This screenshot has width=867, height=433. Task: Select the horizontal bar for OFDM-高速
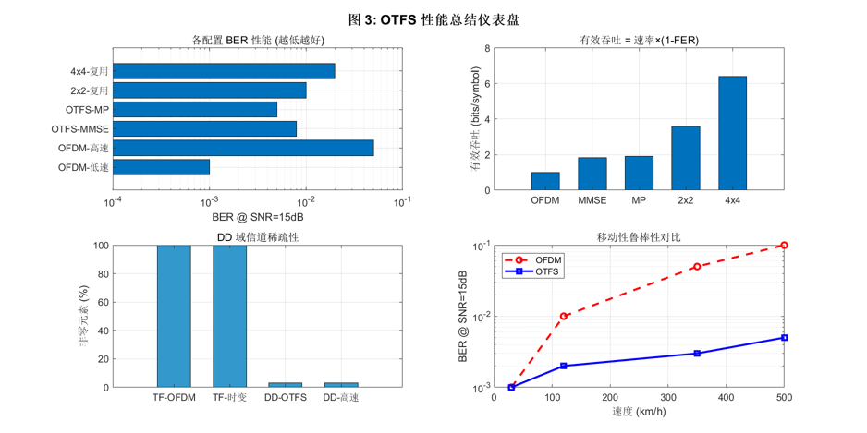(243, 148)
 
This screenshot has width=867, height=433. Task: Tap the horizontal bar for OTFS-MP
(195, 109)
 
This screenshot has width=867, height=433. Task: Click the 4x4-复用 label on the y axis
(90, 71)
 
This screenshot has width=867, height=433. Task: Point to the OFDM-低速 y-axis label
(83, 167)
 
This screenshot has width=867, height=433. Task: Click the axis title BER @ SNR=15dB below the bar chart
(257, 216)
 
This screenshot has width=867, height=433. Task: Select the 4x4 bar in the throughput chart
(732, 133)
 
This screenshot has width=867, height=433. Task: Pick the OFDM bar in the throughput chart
(545, 181)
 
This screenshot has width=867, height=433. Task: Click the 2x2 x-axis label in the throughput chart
(685, 198)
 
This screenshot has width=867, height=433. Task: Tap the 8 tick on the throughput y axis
(486, 48)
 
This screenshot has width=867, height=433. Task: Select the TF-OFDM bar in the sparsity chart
(174, 316)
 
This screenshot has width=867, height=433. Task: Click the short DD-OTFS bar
(285, 384)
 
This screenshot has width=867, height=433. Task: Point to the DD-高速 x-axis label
(341, 398)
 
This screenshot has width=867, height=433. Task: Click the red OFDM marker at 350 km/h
(697, 267)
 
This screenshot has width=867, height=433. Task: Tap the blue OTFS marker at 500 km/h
(784, 338)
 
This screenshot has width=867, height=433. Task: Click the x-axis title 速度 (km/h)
(641, 411)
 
